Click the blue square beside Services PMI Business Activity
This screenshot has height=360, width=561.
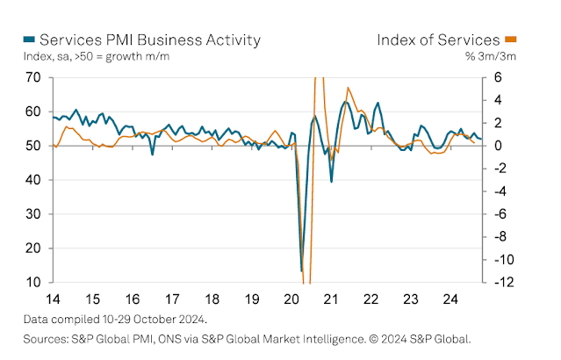click(x=29, y=40)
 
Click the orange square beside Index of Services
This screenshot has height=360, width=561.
click(x=510, y=40)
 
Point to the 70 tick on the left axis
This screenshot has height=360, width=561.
click(x=34, y=77)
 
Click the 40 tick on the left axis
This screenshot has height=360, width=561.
click(x=34, y=180)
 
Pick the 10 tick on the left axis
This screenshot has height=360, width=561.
click(x=34, y=283)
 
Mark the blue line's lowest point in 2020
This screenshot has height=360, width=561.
click(x=301, y=270)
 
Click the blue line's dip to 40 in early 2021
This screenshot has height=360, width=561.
click(x=331, y=181)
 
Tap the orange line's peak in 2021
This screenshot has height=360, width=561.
click(x=349, y=88)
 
